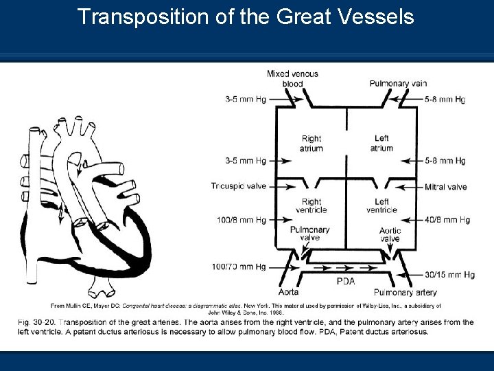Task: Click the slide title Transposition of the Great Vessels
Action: [x=246, y=16]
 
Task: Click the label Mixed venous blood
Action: [x=292, y=79]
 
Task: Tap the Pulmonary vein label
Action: [x=398, y=83]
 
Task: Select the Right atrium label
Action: [x=311, y=144]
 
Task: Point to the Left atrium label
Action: [x=381, y=144]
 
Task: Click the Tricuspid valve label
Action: [x=239, y=186]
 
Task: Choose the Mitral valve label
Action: [x=445, y=187]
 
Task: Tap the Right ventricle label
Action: [x=311, y=205]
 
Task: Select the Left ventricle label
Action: [x=381, y=205]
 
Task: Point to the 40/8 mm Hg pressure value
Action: [x=447, y=220]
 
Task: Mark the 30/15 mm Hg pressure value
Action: [x=449, y=274]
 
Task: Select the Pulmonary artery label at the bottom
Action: [x=405, y=292]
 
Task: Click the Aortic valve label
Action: [x=390, y=235]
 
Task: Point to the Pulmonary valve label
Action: [x=309, y=234]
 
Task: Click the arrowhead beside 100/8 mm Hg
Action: [x=292, y=220]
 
